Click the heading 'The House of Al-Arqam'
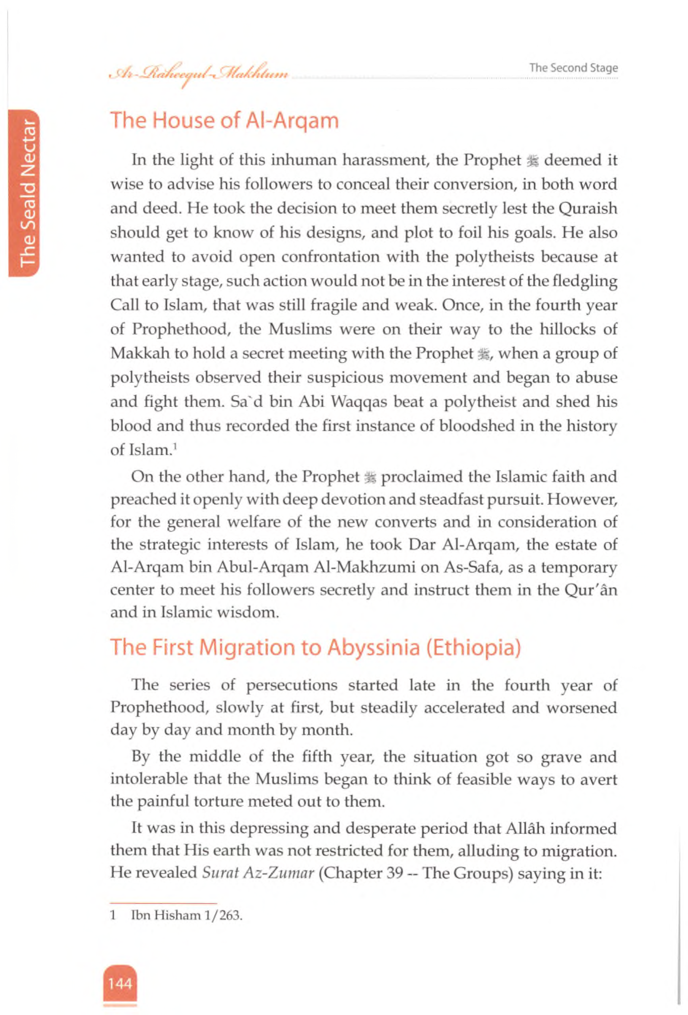(224, 121)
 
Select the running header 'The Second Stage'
(573, 68)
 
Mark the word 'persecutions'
(292, 685)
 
